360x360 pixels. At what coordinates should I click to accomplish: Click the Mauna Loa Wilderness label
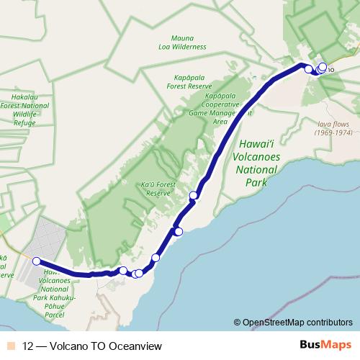[189, 42]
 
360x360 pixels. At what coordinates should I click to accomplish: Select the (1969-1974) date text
[334, 132]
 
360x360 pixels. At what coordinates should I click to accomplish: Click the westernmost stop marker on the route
[36, 261]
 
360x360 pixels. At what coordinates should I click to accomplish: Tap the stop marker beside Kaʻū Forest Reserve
[193, 195]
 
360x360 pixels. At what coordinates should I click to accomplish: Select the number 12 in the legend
[28, 345]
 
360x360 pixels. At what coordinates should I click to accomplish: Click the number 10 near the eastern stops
[330, 70]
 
